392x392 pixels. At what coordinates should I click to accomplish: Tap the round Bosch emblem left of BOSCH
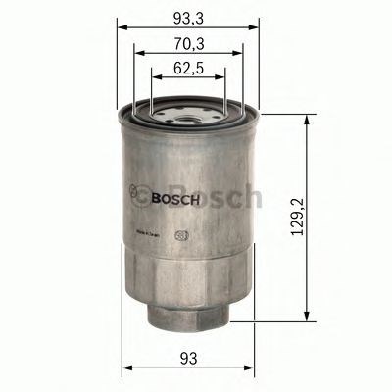click(x=140, y=194)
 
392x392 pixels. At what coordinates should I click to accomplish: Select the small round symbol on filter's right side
click(x=180, y=234)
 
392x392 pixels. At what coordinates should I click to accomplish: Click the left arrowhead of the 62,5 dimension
click(x=155, y=79)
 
